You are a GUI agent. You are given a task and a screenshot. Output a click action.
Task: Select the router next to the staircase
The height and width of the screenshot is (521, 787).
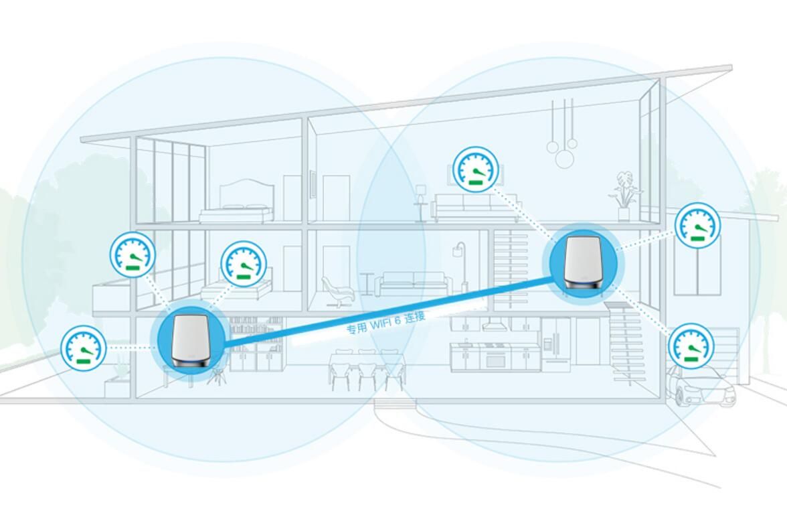pos(584,263)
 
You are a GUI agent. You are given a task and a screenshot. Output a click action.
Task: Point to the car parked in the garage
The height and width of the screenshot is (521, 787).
pos(701,385)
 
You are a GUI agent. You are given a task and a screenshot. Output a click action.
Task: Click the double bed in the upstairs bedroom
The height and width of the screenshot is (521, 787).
pos(236,202)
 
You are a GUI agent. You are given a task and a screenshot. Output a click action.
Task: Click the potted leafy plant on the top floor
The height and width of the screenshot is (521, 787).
pos(624,197)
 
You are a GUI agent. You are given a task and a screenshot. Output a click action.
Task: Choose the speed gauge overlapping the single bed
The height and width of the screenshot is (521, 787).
pos(244,265)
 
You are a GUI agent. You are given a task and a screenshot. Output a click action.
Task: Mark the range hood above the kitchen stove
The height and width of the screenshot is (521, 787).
pos(495,325)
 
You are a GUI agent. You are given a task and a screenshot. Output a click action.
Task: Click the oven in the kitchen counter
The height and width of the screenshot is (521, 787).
pos(495,358)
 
